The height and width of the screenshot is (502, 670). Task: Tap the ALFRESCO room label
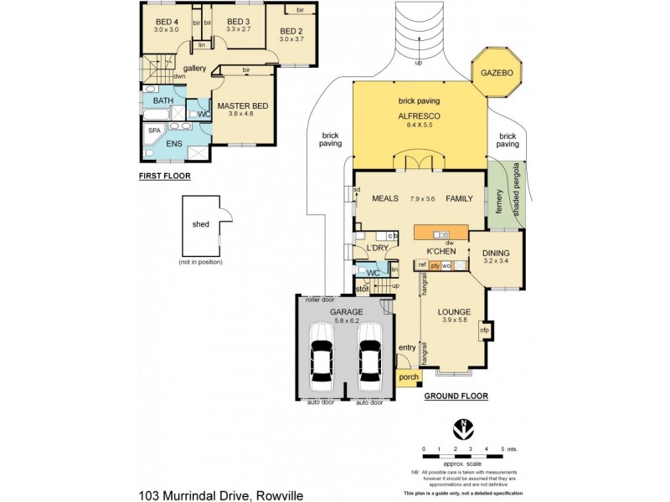419,116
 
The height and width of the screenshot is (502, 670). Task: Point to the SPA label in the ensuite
154,131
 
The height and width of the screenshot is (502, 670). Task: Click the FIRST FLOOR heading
164,177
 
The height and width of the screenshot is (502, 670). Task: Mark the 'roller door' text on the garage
319,299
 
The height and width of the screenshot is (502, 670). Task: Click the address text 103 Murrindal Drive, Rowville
220,494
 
